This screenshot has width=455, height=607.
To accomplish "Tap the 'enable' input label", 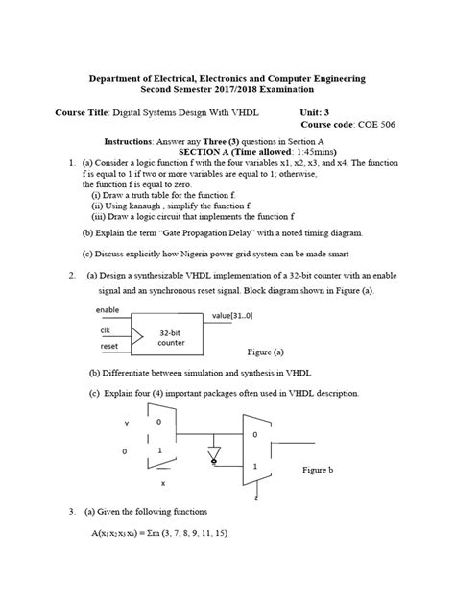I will pyautogui.click(x=108, y=310).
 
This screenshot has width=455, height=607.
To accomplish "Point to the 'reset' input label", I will pyautogui.click(x=108, y=345).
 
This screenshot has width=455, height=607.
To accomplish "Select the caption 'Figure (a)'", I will pyautogui.click(x=271, y=352).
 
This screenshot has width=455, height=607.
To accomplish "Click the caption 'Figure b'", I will pyautogui.click(x=319, y=472).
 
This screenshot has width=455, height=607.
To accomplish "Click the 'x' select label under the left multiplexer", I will pyautogui.click(x=162, y=483).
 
